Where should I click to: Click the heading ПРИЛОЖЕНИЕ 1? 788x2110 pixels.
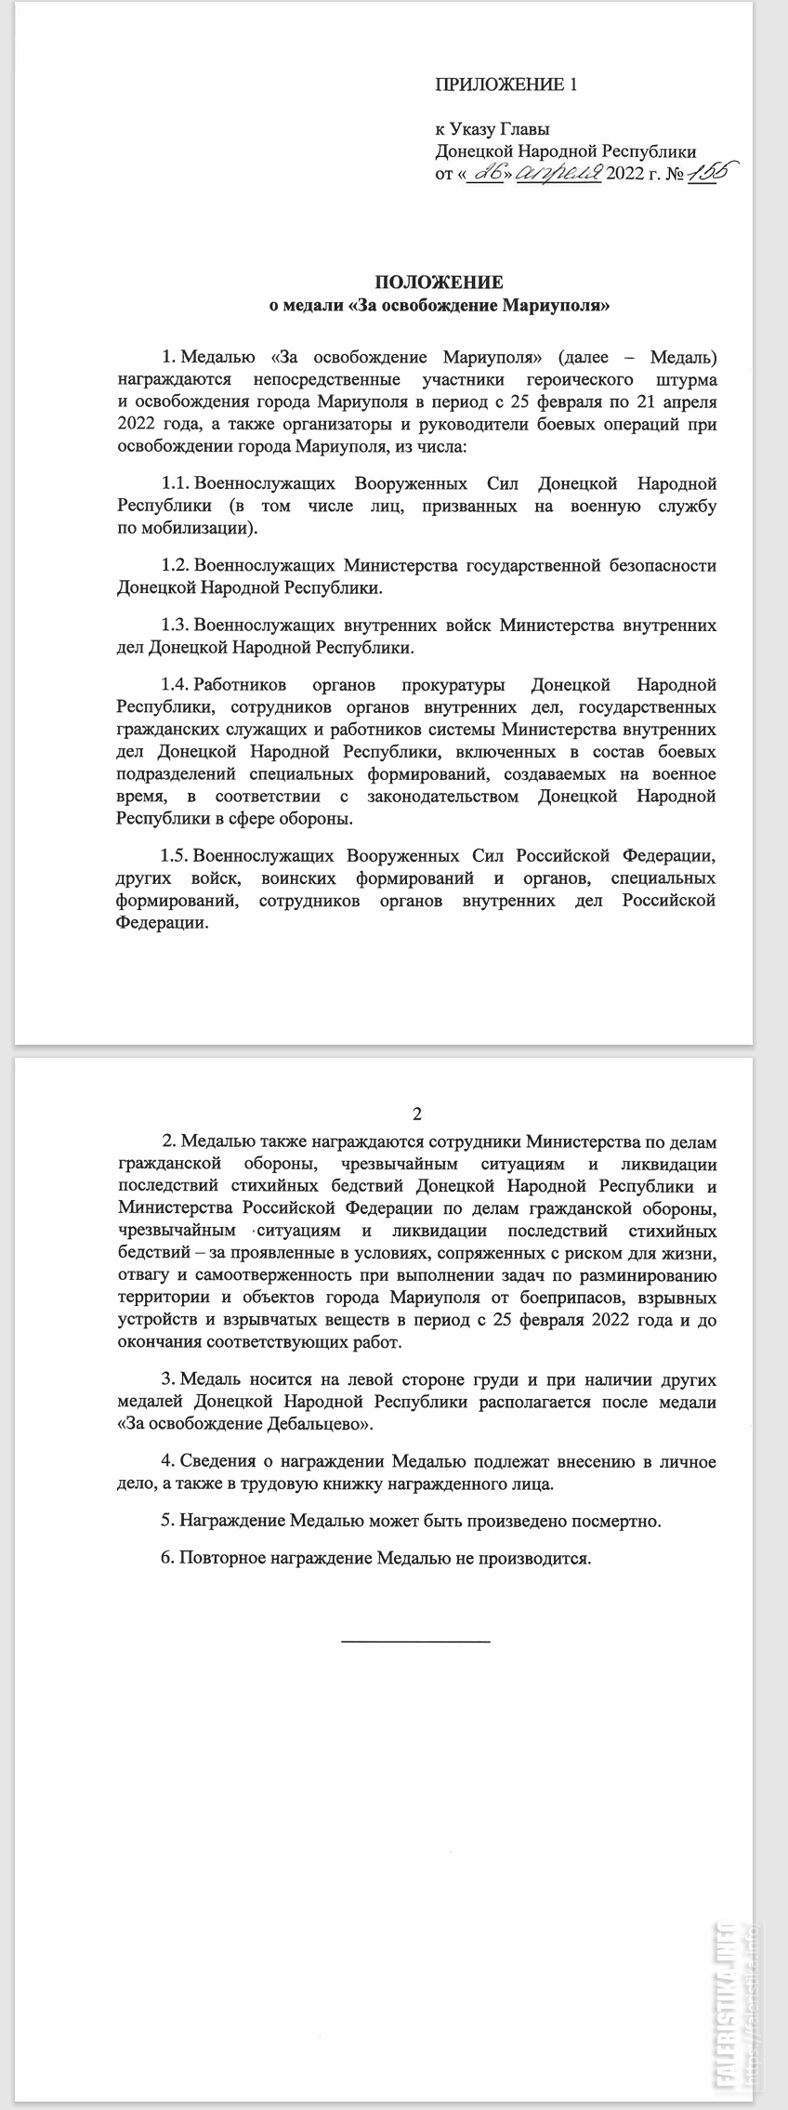pyautogui.click(x=506, y=85)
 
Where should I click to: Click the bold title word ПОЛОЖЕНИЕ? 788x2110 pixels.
pyautogui.click(x=439, y=281)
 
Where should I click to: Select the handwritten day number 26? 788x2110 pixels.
pyautogui.click(x=486, y=173)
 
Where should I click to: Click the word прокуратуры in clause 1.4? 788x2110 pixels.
pyautogui.click(x=453, y=685)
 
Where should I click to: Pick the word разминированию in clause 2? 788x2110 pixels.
pyautogui.click(x=654, y=1273)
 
